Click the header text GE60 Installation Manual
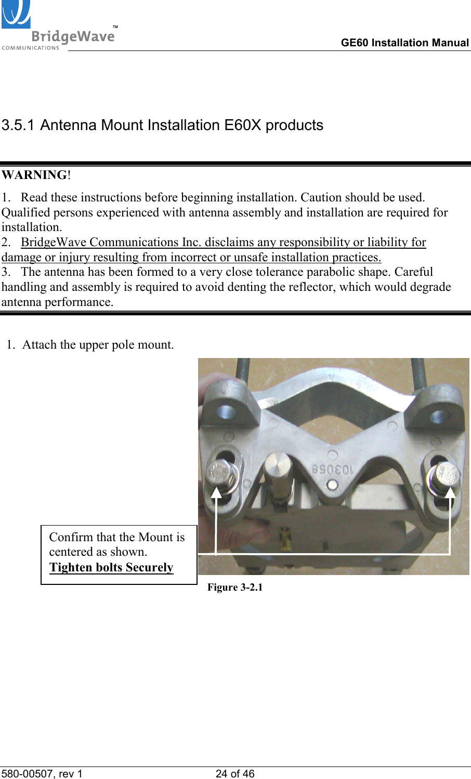[x=404, y=43]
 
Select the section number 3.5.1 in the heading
[x=18, y=125]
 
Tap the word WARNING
[x=34, y=175]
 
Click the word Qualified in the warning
[x=22, y=212]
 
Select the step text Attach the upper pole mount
[x=98, y=344]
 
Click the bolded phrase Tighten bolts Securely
[x=111, y=567]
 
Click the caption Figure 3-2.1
[x=235, y=587]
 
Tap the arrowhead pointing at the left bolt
[x=216, y=492]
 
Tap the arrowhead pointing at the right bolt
[x=450, y=492]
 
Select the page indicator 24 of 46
[x=235, y=774]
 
